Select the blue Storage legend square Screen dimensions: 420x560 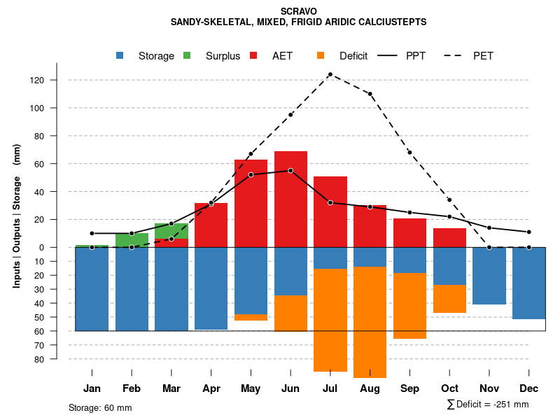(120, 56)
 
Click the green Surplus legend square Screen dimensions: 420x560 (187, 56)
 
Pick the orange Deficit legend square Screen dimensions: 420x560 (321, 56)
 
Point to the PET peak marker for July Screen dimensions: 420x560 (330, 74)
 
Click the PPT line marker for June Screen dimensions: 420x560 (290, 171)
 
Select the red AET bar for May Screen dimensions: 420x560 (251, 203)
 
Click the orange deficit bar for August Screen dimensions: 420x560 (370, 322)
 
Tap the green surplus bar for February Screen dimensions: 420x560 (132, 240)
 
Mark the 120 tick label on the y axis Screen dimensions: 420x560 (56, 80)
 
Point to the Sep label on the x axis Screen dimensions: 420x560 (409, 388)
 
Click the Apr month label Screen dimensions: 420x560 (211, 388)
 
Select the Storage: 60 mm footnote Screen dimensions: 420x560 (100, 407)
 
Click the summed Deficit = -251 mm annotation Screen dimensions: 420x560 (487, 405)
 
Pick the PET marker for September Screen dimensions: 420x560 (409, 153)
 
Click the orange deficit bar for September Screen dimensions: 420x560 (409, 305)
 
